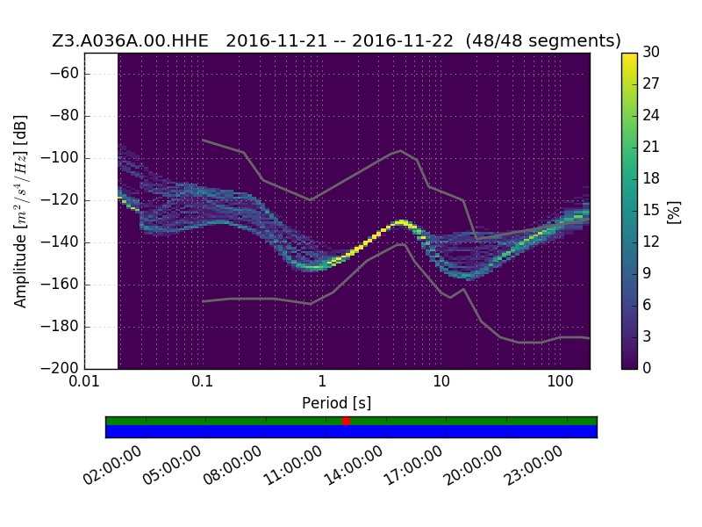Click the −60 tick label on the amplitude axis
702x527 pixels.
click(x=64, y=74)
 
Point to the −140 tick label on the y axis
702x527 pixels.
click(x=60, y=242)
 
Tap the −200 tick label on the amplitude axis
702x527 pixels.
click(x=60, y=368)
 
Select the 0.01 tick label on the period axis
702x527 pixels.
click(x=84, y=381)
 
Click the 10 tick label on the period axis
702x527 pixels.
click(x=441, y=381)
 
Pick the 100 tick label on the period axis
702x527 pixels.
click(x=560, y=381)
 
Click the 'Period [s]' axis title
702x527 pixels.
click(x=337, y=403)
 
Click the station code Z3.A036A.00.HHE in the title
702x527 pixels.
click(x=130, y=40)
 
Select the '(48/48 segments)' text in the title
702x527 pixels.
click(x=543, y=40)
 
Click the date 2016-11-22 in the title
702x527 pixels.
click(x=403, y=40)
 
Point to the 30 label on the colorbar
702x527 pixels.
click(x=651, y=52)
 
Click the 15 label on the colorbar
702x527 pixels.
click(x=651, y=210)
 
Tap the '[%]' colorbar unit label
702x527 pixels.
click(x=674, y=213)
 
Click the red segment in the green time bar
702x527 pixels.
click(x=346, y=421)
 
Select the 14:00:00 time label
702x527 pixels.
click(x=354, y=466)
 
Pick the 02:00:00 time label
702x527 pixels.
click(x=112, y=466)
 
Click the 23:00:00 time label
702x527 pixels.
click(x=534, y=466)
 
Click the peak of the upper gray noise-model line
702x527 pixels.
click(x=401, y=150)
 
